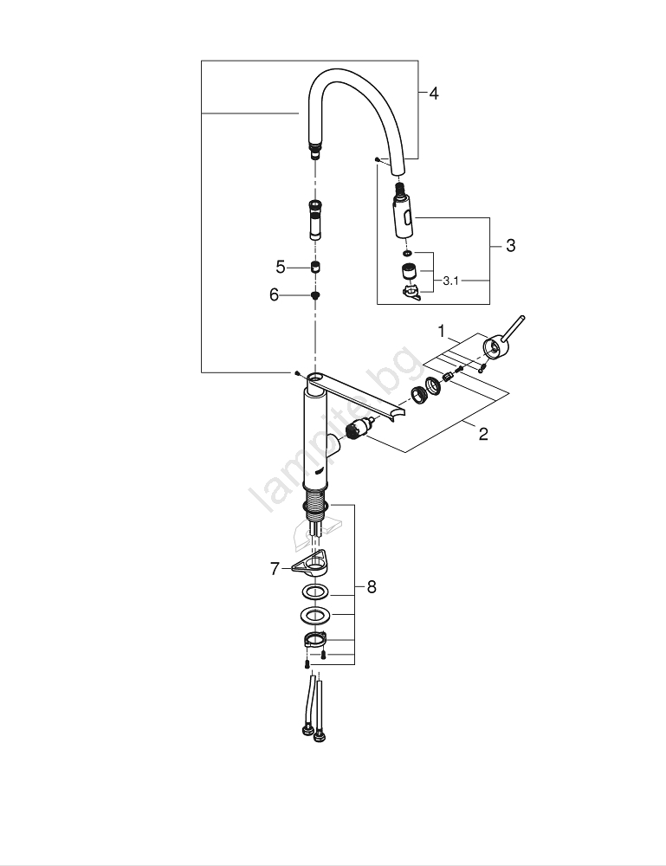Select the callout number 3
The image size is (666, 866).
point(510,246)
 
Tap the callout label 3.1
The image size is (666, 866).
point(451,281)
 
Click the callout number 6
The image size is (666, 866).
point(275,295)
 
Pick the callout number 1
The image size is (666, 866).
point(441,331)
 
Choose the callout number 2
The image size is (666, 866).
point(483,434)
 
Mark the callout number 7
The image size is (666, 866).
point(275,569)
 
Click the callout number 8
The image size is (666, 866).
point(372,587)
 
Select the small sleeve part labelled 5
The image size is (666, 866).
point(317,267)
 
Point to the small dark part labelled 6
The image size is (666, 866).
point(317,295)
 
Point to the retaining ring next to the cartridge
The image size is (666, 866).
point(417,394)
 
